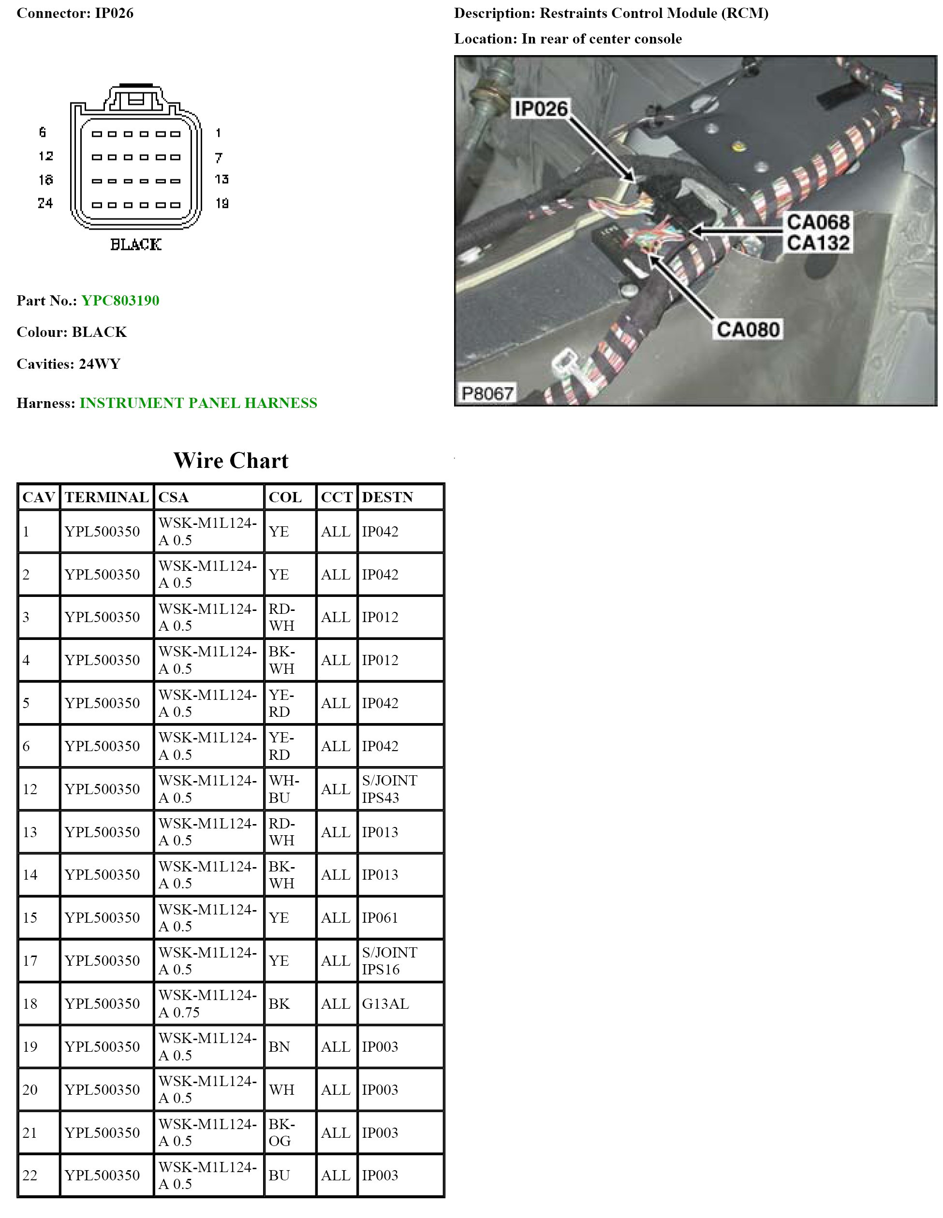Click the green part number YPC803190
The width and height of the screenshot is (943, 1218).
[x=120, y=301]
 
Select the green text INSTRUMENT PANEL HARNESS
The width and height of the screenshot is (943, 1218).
[x=198, y=403]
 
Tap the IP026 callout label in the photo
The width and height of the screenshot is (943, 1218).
[x=540, y=109]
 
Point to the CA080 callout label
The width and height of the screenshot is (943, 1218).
[x=748, y=330]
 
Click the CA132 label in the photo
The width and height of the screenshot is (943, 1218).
[x=818, y=243]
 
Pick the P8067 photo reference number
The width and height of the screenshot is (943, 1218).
[x=487, y=394]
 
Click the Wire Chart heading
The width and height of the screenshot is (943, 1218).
[x=231, y=461]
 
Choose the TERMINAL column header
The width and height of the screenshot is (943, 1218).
[x=106, y=497]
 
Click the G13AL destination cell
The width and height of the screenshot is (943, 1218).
[x=385, y=1004]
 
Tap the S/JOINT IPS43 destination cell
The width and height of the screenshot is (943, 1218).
[x=389, y=789]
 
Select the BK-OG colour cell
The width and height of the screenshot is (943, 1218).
[x=281, y=1132]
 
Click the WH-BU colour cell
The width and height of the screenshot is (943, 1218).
[x=283, y=789]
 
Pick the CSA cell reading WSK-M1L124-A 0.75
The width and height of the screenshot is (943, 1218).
[x=207, y=1004]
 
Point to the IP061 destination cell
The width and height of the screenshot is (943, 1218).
[x=380, y=918]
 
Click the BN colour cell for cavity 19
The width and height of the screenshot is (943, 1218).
[x=279, y=1047]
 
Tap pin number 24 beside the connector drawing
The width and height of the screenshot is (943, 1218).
[x=45, y=203]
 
